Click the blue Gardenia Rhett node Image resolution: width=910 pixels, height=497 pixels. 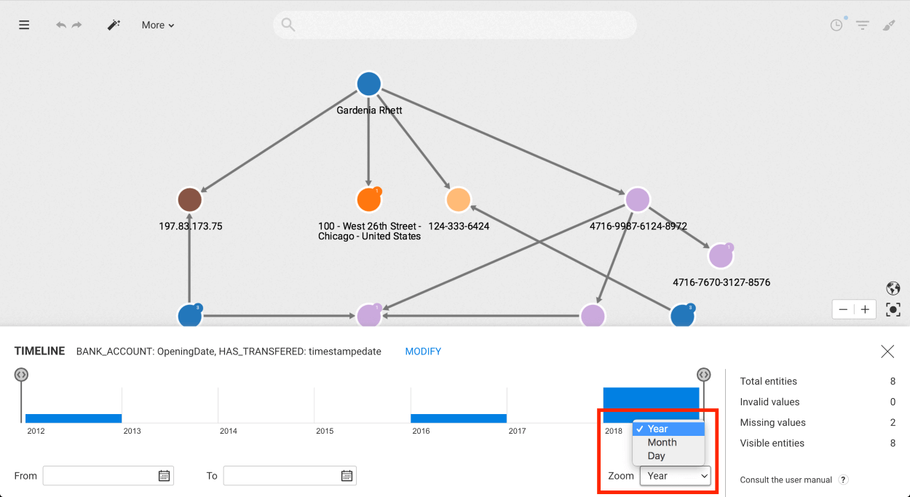(368, 84)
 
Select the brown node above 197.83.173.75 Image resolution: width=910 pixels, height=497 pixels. (190, 200)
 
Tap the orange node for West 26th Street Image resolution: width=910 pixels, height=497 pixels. (368, 200)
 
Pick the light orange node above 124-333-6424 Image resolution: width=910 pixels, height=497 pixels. (458, 200)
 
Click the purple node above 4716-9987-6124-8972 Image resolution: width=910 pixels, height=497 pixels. (638, 200)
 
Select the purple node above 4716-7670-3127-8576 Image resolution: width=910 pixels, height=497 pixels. (721, 256)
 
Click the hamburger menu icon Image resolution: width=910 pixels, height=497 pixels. (24, 25)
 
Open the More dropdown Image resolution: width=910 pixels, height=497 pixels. (158, 25)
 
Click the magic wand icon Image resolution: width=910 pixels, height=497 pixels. (114, 25)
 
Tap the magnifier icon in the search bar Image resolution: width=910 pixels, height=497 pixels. (288, 25)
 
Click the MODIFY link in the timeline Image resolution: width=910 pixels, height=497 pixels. (423, 351)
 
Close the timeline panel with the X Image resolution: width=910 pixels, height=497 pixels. (887, 351)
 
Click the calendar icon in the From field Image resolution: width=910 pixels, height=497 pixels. (164, 475)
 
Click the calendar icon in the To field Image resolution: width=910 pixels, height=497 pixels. (347, 475)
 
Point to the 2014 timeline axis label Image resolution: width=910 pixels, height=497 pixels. (229, 431)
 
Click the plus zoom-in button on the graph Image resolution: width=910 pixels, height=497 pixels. (865, 310)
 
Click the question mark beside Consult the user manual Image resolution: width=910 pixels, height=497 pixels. (843, 480)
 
